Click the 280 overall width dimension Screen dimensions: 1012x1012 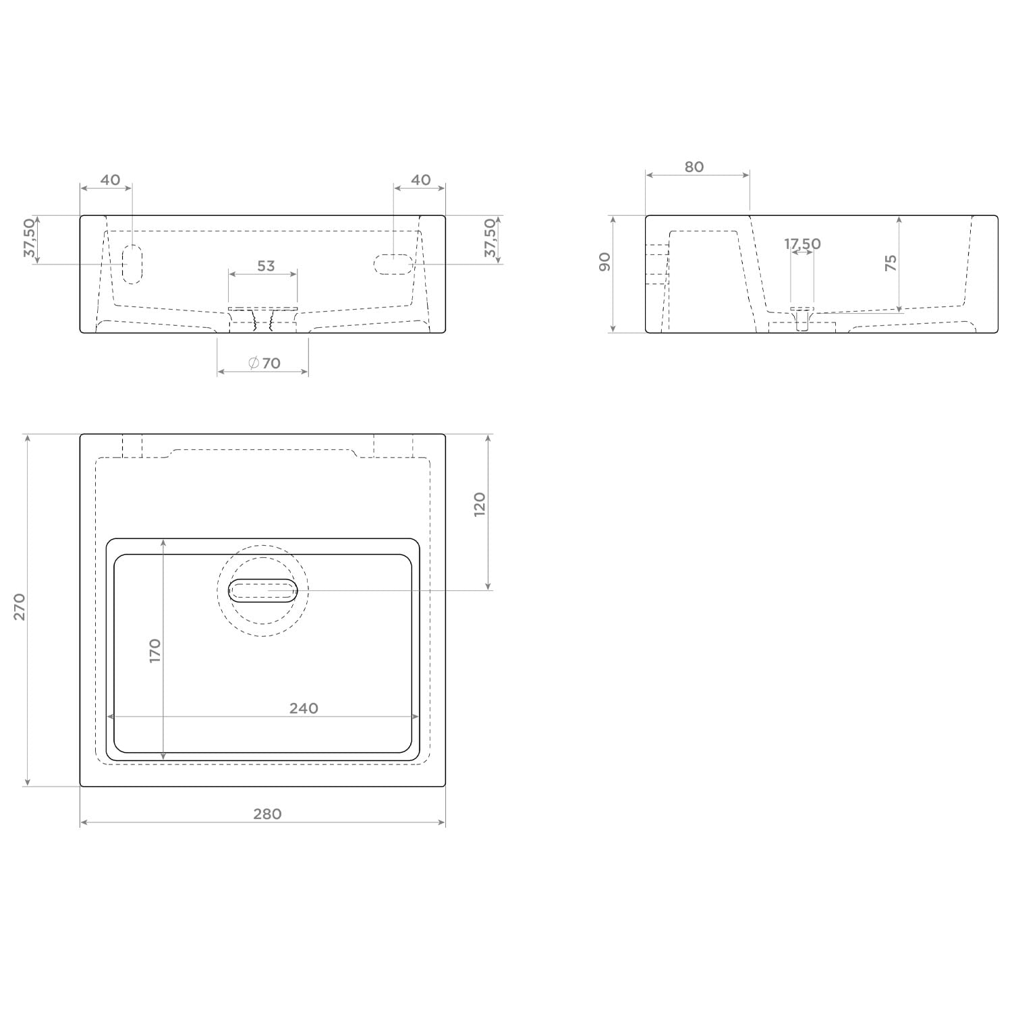coord(267,814)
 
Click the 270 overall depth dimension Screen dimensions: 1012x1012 coord(20,607)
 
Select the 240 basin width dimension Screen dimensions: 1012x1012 coord(304,708)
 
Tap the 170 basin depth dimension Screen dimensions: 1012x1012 coord(154,650)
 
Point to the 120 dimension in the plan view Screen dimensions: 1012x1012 coord(480,505)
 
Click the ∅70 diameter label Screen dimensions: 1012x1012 coord(264,363)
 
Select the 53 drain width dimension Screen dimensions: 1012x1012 coord(266,266)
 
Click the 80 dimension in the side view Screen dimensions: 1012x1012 coord(694,167)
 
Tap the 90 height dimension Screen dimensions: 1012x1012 coord(605,262)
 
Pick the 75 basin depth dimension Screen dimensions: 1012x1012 coord(891,262)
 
